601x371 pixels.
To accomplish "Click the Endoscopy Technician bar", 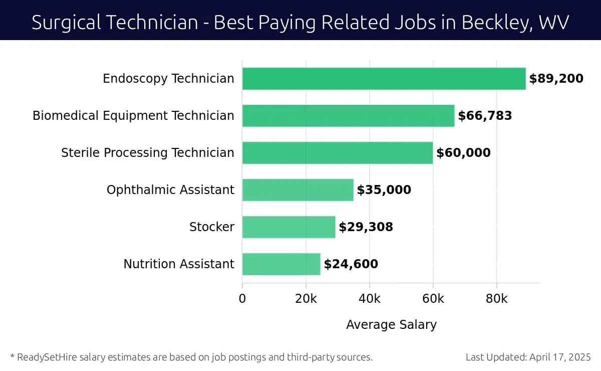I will coord(384,79).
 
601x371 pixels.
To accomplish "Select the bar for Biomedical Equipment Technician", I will coord(348,116).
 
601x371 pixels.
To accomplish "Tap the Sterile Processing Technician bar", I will coord(337,153).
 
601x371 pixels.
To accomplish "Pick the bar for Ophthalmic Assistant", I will coord(297,190).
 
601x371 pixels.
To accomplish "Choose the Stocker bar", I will coord(288,227).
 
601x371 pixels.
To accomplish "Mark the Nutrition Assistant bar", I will coord(281,264).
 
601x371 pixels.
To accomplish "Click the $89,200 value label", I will coord(556,79).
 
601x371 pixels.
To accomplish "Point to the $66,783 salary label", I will coord(485,116).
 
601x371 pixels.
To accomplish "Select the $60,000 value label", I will coord(463,153).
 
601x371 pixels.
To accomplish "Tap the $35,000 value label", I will coord(384,190).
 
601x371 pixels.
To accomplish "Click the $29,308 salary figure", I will coord(366,227).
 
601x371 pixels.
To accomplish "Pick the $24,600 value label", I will coord(351,264).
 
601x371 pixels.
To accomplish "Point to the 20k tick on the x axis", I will coord(306,298).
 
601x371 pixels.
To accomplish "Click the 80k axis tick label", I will coord(497,298).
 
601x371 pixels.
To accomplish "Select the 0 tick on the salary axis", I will coord(242,298).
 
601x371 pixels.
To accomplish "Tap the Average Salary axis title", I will coord(391,325).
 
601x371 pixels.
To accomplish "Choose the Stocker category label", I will coord(211,227).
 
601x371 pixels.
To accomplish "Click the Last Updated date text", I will coord(528,357).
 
